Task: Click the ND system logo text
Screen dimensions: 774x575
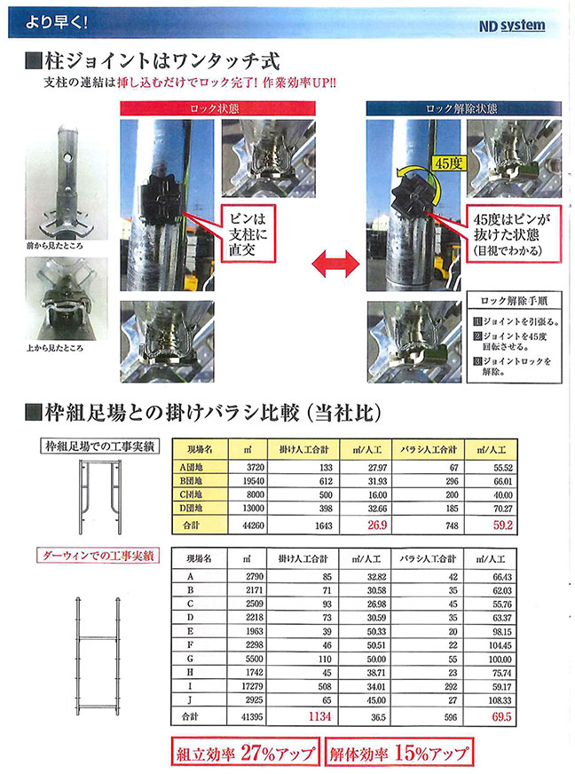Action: [511, 27]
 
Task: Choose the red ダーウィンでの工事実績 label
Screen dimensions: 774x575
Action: [98, 557]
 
